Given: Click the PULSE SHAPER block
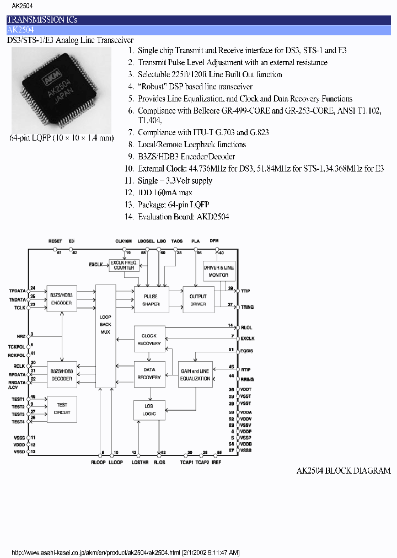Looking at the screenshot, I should point(151,300).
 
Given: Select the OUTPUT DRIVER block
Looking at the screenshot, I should point(198,300).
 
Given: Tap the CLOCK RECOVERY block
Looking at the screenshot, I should point(149,340).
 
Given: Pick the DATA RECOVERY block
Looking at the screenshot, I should point(149,374).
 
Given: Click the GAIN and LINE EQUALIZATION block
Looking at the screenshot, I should point(195,375).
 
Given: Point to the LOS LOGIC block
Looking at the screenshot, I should point(149,410).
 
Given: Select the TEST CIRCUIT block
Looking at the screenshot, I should point(62,409).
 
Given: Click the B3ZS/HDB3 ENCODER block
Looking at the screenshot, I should point(62,299).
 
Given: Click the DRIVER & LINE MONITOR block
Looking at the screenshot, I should point(219,271).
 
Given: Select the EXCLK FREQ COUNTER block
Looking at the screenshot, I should point(124,265).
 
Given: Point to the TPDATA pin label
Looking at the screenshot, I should point(17,290).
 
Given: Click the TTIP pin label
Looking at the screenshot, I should point(246,289).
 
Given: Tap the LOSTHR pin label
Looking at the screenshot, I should point(138,462).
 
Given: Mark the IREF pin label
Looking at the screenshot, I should point(216,462).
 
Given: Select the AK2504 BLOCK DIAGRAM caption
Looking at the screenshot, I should point(343,470).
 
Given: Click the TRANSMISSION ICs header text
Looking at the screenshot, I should point(42,19).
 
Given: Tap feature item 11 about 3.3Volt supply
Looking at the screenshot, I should point(174,181).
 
